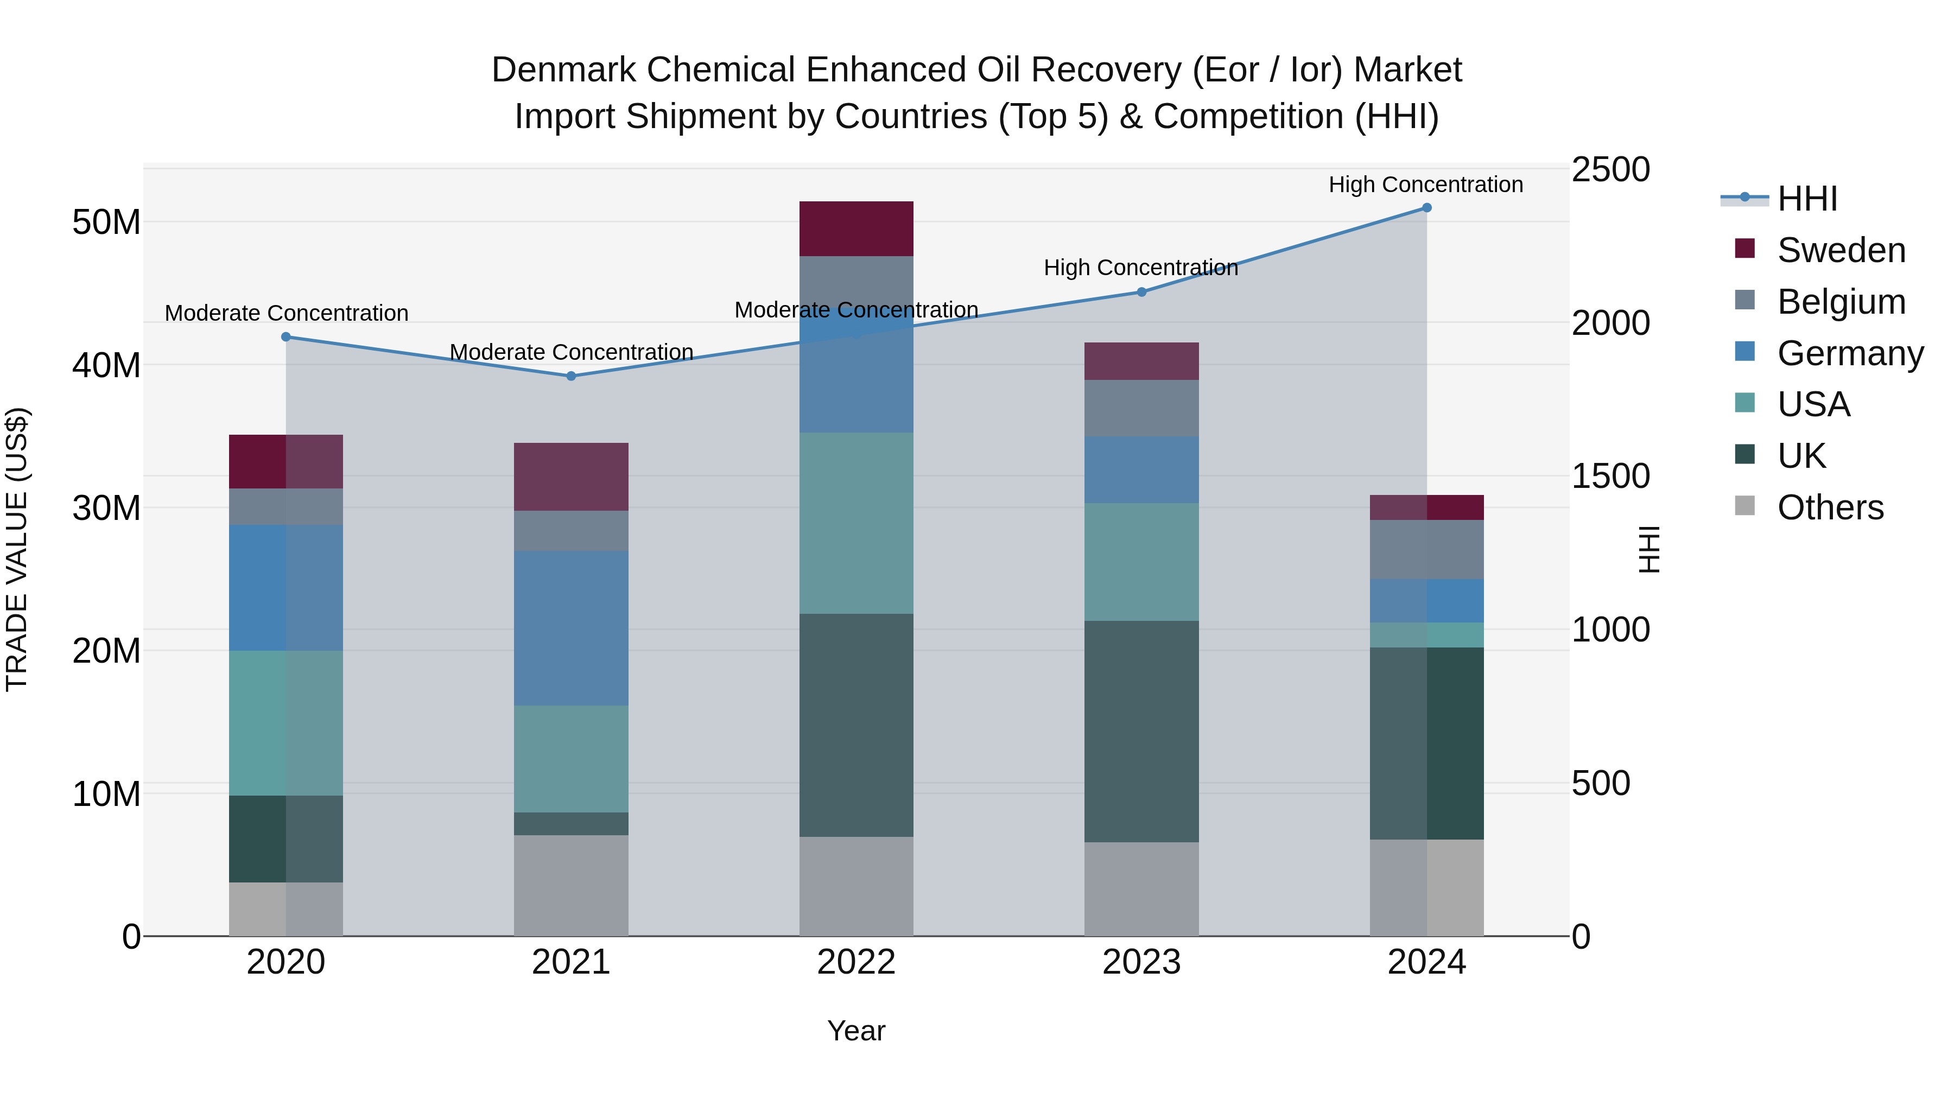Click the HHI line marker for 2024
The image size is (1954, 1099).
coord(1426,208)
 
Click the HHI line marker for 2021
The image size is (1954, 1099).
coord(571,376)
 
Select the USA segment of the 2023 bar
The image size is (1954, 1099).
coord(1141,562)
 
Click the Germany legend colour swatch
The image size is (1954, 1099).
coord(1744,352)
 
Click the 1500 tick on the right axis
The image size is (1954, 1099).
coord(1610,477)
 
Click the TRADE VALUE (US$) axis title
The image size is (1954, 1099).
coord(17,549)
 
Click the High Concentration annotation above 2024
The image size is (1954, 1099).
coord(1425,185)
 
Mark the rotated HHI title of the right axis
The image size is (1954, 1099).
coord(1648,549)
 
